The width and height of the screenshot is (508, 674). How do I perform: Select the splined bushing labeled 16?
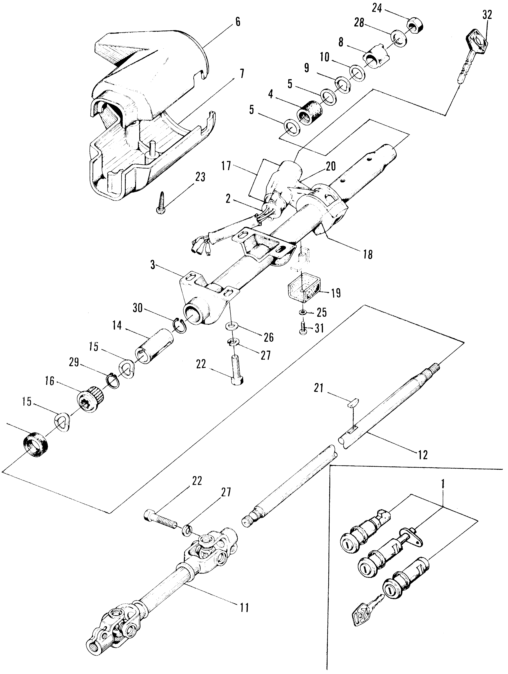91,397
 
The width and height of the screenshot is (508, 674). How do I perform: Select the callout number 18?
368,254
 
